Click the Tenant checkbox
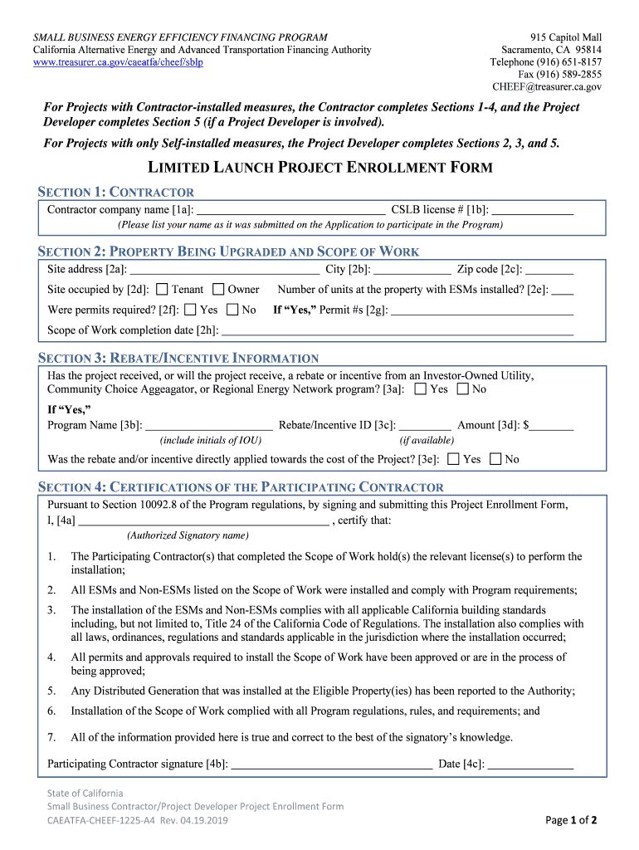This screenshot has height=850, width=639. [162, 290]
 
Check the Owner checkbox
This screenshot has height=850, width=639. [218, 290]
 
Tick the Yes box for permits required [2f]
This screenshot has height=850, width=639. [190, 310]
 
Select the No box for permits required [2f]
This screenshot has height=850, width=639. [232, 310]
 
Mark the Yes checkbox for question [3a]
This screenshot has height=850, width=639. [421, 389]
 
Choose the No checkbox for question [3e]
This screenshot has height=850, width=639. [495, 459]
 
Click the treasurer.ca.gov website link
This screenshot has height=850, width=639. [118, 62]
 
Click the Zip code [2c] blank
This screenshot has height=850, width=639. [549, 270]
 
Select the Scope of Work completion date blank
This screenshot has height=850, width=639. [398, 331]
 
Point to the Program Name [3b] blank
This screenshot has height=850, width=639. [209, 426]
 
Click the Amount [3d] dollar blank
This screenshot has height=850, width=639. [552, 426]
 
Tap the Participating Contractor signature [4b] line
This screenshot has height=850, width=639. [331, 765]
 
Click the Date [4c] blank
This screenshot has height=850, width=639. [530, 765]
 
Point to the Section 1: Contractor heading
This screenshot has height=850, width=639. [116, 193]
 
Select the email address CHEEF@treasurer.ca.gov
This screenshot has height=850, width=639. [547, 86]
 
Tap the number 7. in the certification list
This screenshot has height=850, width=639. [51, 737]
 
